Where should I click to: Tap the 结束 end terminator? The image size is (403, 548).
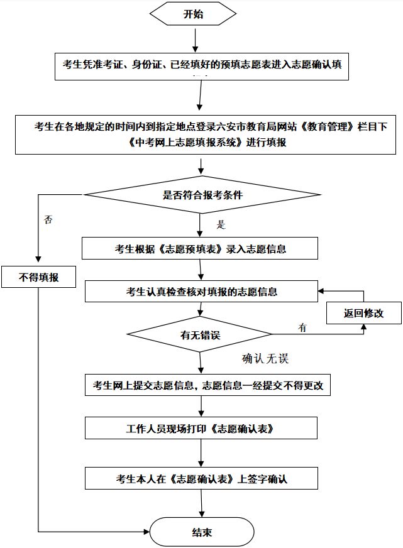[201, 532]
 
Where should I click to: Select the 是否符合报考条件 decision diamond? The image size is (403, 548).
[202, 195]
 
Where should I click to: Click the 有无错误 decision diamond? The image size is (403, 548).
[200, 334]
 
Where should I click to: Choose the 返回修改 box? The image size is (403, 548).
[363, 313]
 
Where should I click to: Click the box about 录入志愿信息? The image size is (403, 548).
[200, 248]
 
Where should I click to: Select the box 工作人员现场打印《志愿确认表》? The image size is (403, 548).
[200, 429]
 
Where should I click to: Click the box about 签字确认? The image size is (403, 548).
[200, 478]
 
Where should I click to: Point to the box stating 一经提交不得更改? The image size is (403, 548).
[207, 385]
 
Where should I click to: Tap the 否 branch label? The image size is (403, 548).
[48, 220]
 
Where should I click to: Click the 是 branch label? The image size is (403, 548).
[220, 224]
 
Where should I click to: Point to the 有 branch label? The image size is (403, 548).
[302, 327]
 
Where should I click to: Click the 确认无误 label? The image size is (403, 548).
[265, 359]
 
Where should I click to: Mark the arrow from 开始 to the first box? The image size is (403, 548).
[196, 39]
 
